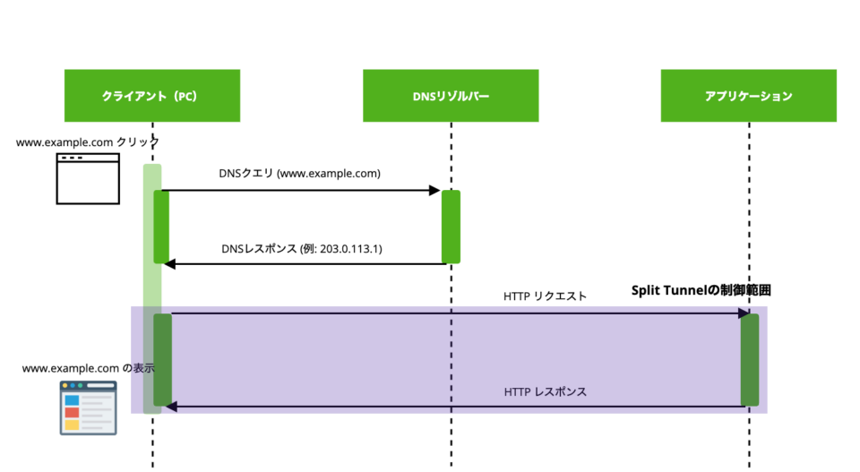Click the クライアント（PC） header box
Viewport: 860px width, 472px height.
[x=151, y=95]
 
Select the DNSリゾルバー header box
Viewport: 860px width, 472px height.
[x=450, y=95]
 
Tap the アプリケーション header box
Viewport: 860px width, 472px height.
[x=748, y=95]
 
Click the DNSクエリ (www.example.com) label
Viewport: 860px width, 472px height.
[x=299, y=174]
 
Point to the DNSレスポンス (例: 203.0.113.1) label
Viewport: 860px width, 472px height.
[x=301, y=248]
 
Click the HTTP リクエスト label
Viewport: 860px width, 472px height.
[x=546, y=296]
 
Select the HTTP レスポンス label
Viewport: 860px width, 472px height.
[x=545, y=391]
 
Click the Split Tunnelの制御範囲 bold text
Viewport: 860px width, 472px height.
[x=701, y=290]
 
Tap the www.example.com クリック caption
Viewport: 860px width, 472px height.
[x=88, y=142]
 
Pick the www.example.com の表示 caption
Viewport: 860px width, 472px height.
[x=88, y=367]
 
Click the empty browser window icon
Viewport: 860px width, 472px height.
[x=88, y=177]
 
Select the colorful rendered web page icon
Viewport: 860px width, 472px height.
[x=88, y=408]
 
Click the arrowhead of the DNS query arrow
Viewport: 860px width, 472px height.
[x=435, y=190]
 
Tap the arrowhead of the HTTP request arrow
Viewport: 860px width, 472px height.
[x=744, y=313]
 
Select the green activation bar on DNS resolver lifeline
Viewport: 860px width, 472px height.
[x=451, y=227]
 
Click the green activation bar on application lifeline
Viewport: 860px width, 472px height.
[x=750, y=359]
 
